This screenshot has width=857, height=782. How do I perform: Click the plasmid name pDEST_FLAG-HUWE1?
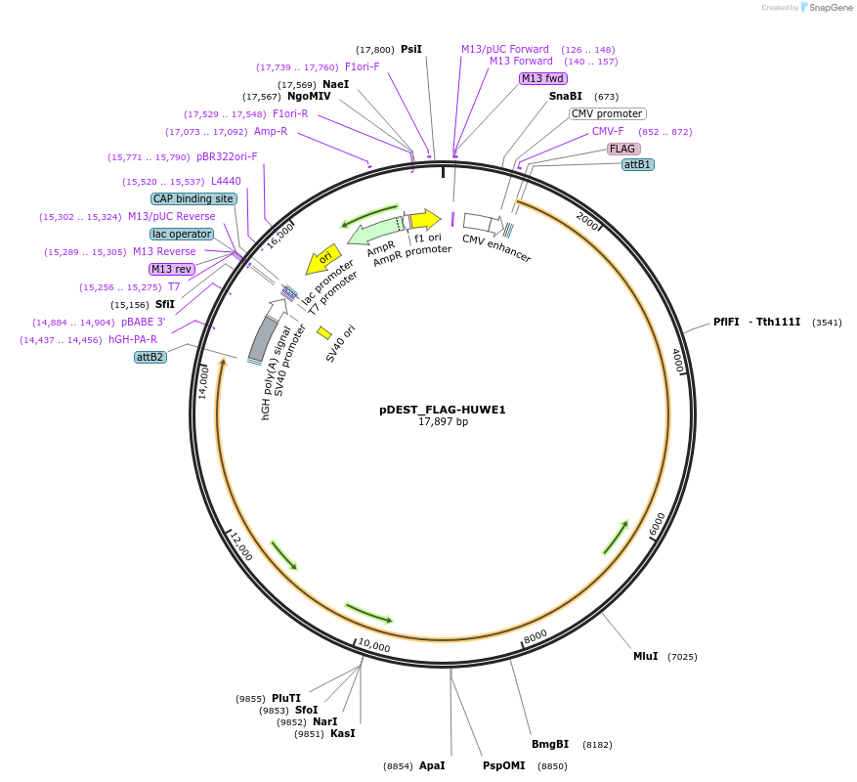tap(442, 410)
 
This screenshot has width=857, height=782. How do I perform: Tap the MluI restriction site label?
tap(645, 656)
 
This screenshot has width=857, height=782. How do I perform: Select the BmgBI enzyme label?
tap(550, 744)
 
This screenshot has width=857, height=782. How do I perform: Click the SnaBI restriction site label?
tap(565, 96)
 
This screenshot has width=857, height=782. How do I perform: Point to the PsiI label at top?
tap(411, 49)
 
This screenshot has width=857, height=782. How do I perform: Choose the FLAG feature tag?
tap(622, 149)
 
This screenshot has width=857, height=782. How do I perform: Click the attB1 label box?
tap(638, 164)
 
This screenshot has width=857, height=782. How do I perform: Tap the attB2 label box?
tap(150, 357)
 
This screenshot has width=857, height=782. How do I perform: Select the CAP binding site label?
tap(193, 198)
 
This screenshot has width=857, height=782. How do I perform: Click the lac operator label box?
tap(182, 234)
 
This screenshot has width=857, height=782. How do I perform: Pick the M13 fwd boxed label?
tap(543, 78)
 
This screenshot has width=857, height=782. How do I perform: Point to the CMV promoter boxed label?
tap(607, 113)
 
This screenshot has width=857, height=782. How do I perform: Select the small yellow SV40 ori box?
tap(324, 333)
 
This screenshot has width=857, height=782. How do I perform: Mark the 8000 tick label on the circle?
tap(536, 636)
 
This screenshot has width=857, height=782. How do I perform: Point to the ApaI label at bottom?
tap(432, 765)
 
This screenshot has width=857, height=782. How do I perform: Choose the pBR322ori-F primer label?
tap(227, 156)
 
